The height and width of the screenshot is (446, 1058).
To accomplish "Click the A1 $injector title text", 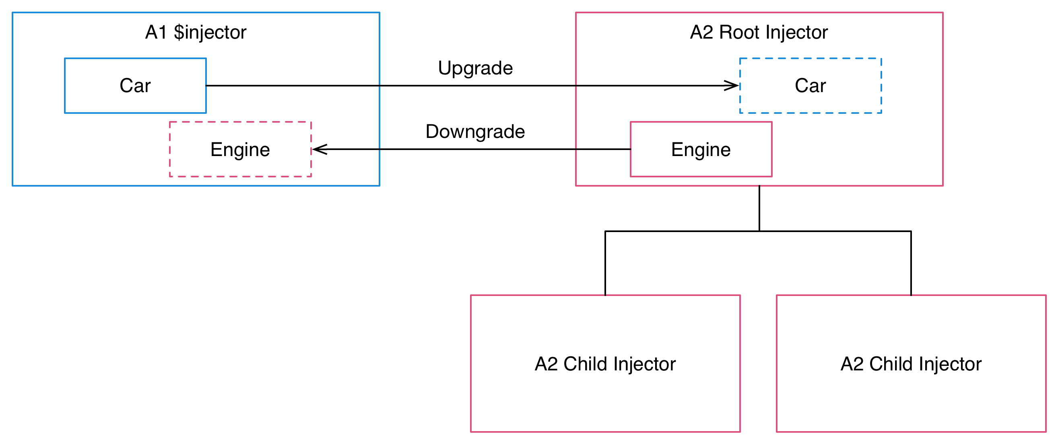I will (x=196, y=33).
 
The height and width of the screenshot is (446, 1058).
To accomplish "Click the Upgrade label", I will (x=475, y=68).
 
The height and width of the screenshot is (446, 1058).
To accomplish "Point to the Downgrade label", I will (x=475, y=132).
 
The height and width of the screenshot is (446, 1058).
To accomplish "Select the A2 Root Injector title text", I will (x=759, y=33).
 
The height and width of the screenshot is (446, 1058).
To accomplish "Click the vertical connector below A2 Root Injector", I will (x=759, y=208).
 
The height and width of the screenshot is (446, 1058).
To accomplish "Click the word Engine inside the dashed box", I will (x=240, y=149).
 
